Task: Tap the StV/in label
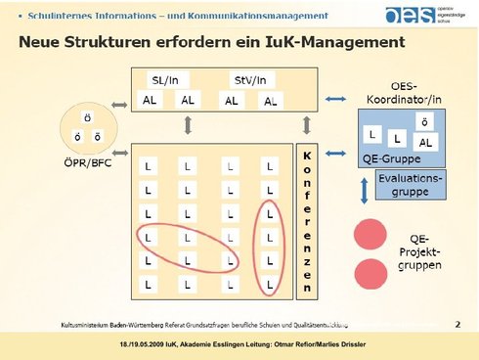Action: [x=248, y=79]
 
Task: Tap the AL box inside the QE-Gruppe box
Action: [x=425, y=142]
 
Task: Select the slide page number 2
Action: [x=457, y=322]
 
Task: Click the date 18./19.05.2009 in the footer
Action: [x=148, y=347]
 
